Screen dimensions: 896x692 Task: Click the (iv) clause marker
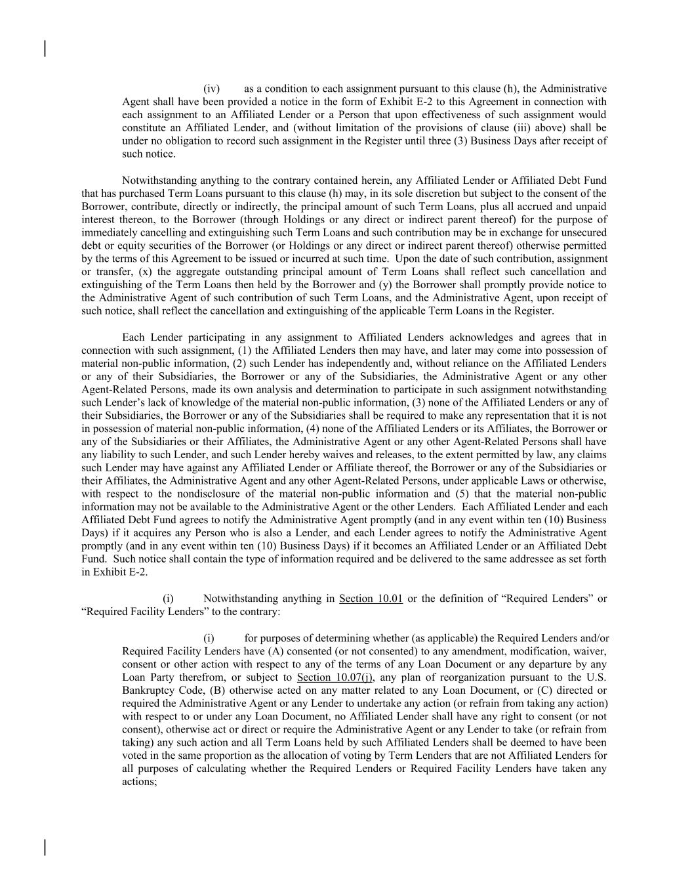click(x=211, y=89)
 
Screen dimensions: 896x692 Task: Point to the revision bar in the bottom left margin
click(x=45, y=847)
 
